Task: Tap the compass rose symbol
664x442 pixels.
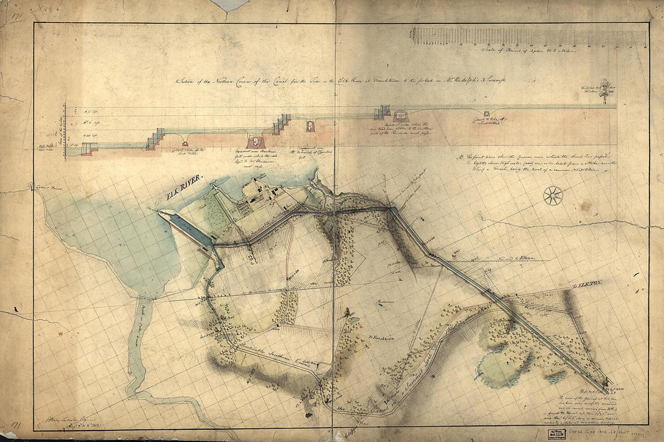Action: (553, 196)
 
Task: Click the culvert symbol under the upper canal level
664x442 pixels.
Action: (487, 113)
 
